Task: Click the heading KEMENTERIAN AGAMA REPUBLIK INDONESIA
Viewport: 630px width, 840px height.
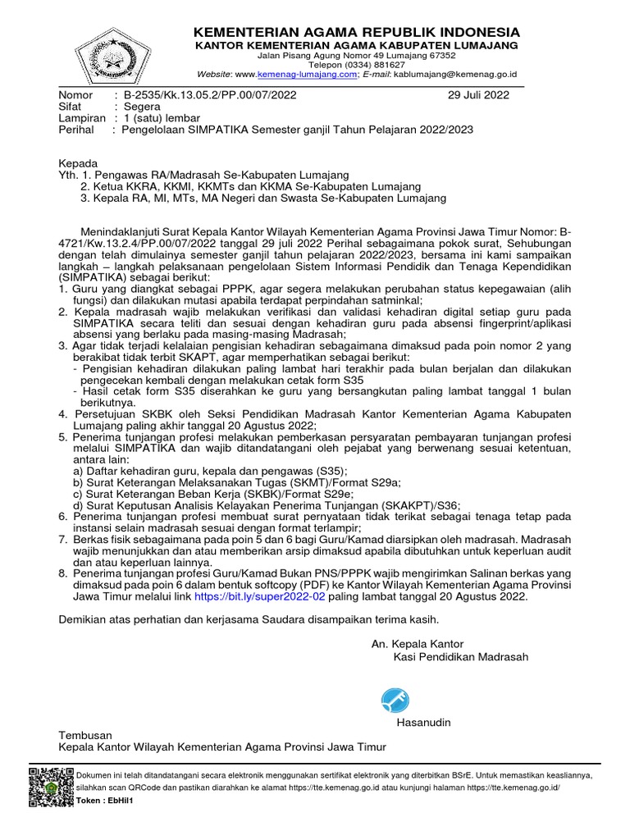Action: coord(356,31)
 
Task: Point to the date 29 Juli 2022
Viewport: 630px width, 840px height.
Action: coord(478,94)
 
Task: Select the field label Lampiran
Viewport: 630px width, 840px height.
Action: coord(82,118)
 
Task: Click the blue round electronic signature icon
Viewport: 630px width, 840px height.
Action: coord(395,700)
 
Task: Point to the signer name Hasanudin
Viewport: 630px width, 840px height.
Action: coord(424,722)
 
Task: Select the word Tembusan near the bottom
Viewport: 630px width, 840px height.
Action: coord(85,735)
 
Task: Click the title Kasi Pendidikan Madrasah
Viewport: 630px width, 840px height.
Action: coord(461,656)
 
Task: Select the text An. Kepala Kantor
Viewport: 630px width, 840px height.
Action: coord(418,643)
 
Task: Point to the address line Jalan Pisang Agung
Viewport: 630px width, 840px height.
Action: coord(356,54)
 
